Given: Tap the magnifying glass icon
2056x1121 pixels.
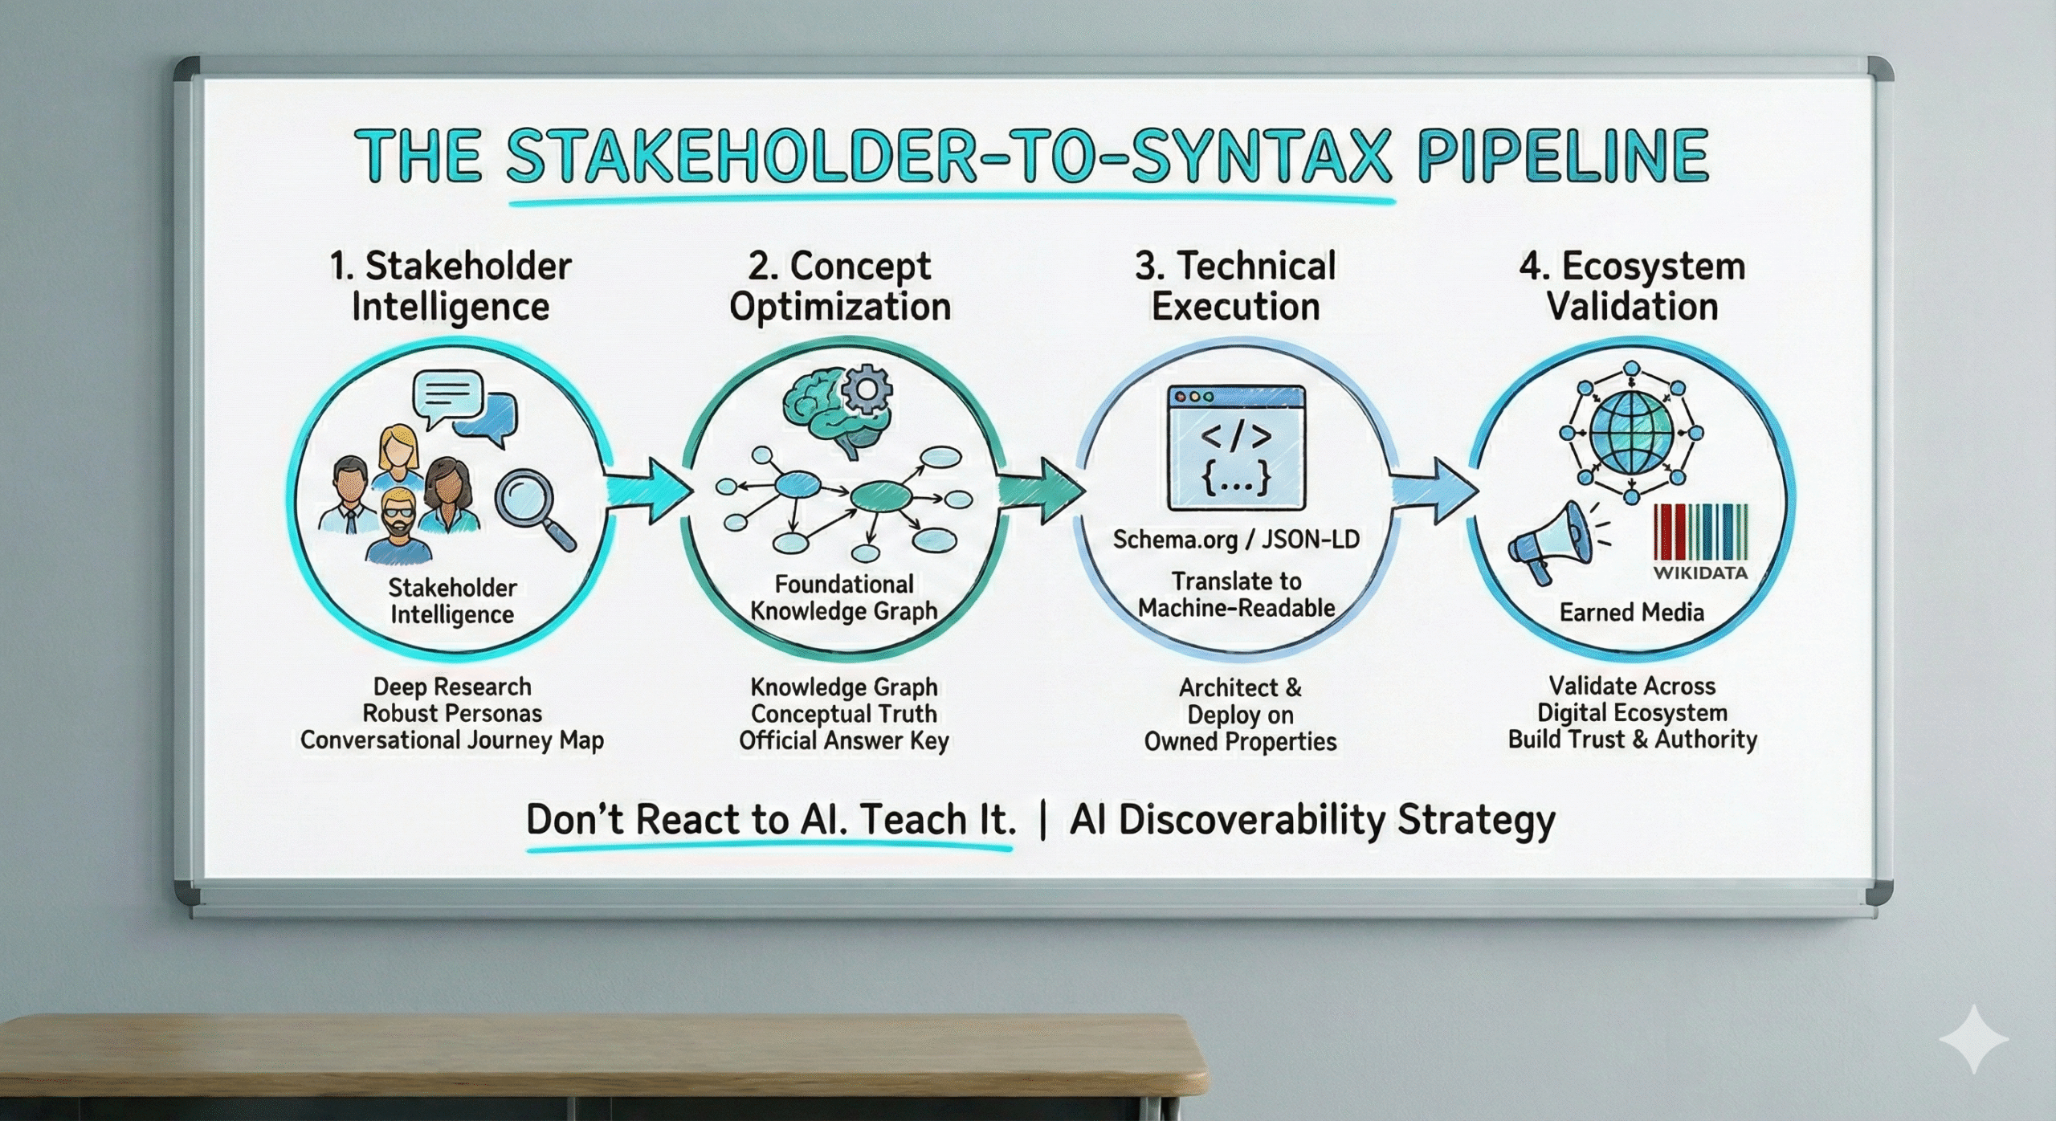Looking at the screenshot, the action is [532, 508].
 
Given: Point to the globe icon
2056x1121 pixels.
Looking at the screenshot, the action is [1631, 432].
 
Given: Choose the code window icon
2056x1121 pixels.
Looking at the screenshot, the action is [1236, 448].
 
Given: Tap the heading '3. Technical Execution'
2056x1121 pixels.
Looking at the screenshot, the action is [1236, 286].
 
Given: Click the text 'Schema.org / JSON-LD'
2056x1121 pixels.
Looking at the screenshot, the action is [1236, 539].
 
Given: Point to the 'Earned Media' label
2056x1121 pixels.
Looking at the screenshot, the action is [1631, 613].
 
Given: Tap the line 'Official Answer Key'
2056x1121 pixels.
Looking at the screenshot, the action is [844, 740].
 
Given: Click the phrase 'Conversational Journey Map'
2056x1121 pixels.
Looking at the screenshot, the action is [452, 740].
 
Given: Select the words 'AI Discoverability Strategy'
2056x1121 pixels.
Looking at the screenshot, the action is [1313, 820].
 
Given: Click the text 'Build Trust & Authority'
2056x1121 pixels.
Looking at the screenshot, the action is [1633, 739].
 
